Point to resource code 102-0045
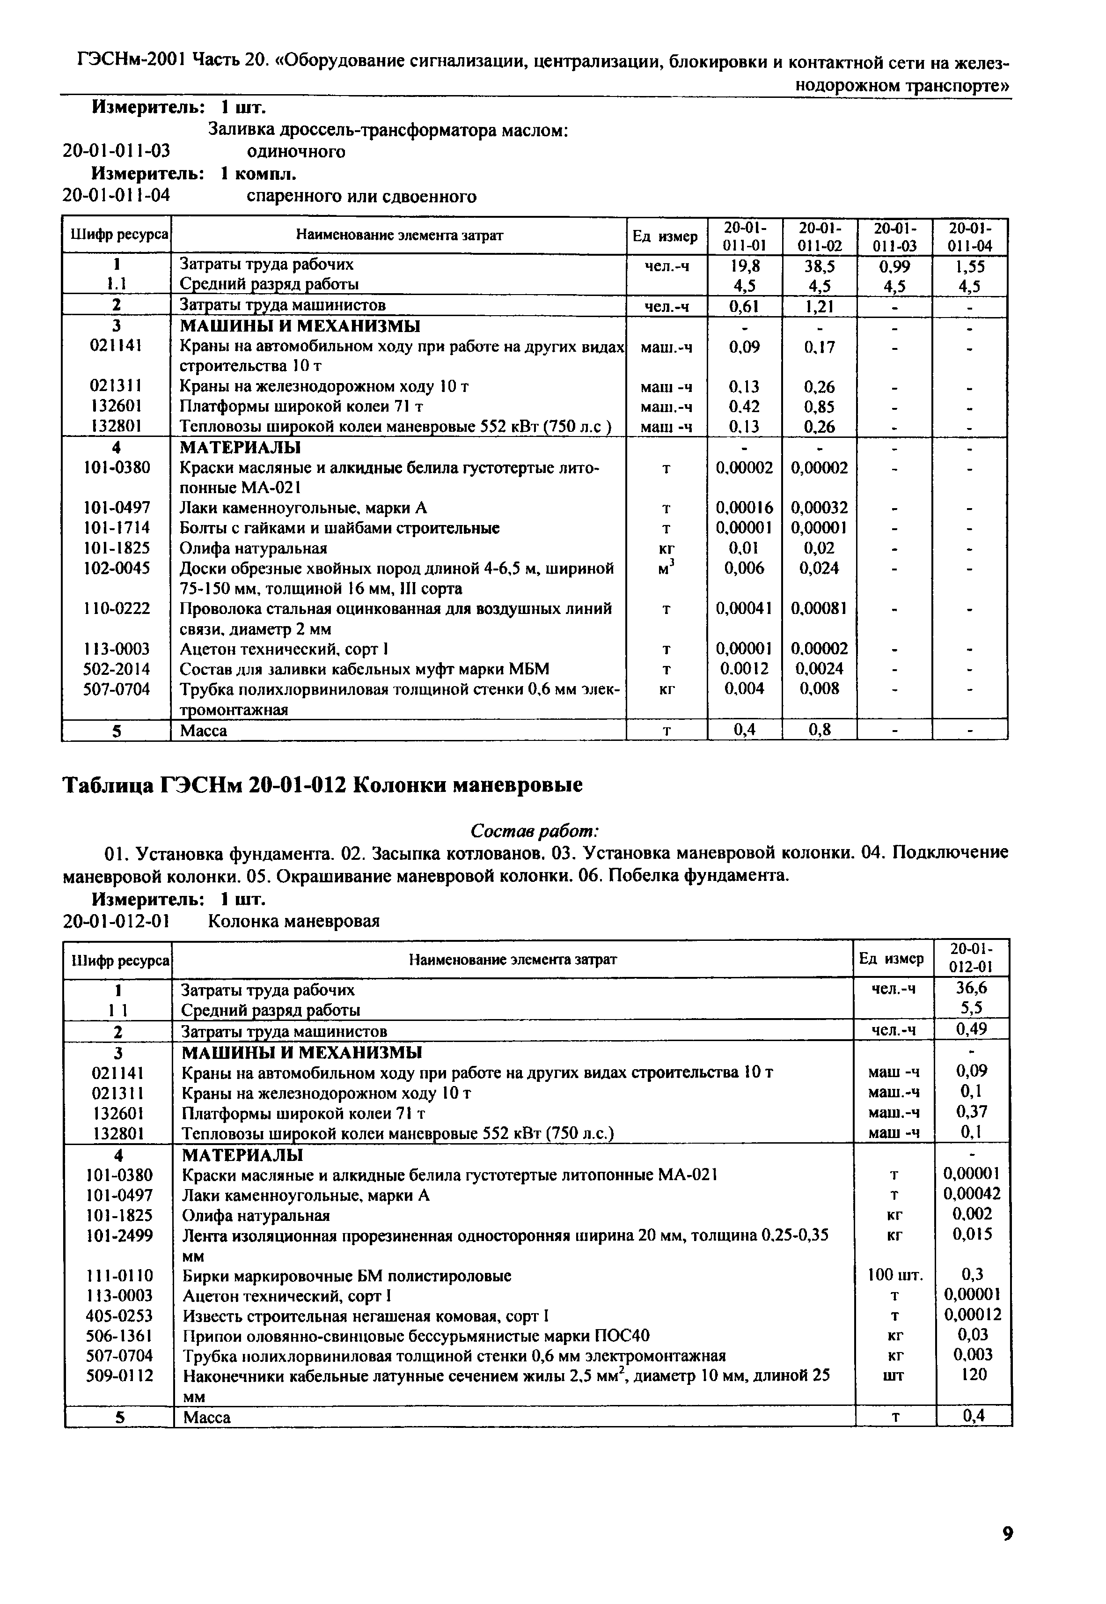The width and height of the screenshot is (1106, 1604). pos(117,569)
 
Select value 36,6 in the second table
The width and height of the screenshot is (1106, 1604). pos(974,988)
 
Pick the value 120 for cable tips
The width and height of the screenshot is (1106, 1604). pos(974,1375)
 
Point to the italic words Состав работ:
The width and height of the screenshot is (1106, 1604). pos(535,830)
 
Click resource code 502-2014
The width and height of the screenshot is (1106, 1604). pos(117,669)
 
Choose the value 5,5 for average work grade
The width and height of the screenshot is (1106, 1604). pos(974,1008)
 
